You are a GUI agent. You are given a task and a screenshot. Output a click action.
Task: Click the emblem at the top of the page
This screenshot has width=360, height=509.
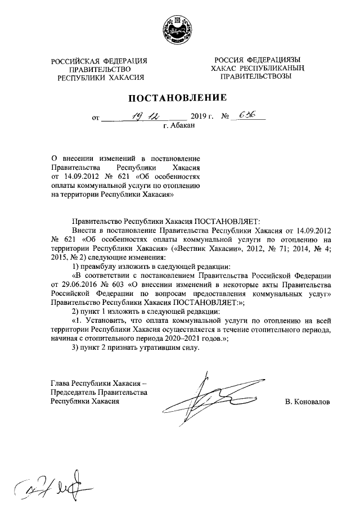(x=179, y=30)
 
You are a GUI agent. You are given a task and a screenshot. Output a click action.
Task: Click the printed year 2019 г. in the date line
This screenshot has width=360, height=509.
(x=203, y=118)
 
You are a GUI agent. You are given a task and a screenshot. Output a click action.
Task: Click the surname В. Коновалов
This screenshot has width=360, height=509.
(x=308, y=402)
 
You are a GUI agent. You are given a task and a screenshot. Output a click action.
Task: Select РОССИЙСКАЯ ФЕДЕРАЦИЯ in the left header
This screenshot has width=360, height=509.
(x=99, y=61)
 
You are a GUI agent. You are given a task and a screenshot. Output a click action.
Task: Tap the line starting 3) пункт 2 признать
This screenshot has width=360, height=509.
(x=135, y=347)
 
